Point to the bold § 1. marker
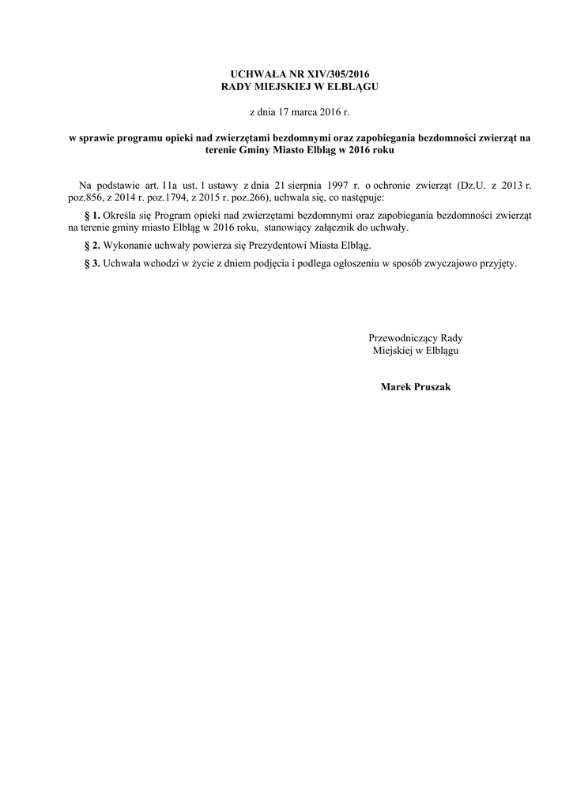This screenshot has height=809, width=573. pos(91,215)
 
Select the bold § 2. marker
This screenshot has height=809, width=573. pos(91,246)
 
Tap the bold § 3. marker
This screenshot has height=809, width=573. pos(91,264)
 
